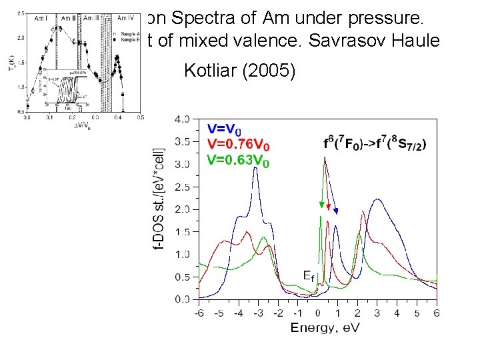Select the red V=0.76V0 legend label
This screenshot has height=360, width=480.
point(239,145)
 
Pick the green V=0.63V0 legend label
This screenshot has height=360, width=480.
point(239,161)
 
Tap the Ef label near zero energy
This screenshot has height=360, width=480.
point(307,275)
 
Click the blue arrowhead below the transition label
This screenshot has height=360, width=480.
point(337,211)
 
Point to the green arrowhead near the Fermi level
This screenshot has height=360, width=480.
point(321,205)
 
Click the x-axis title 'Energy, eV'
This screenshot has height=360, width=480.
point(325,327)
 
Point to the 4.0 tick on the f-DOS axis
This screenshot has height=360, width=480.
point(181,119)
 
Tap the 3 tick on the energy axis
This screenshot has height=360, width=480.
point(377,313)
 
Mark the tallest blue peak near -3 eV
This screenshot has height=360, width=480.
point(256,169)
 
